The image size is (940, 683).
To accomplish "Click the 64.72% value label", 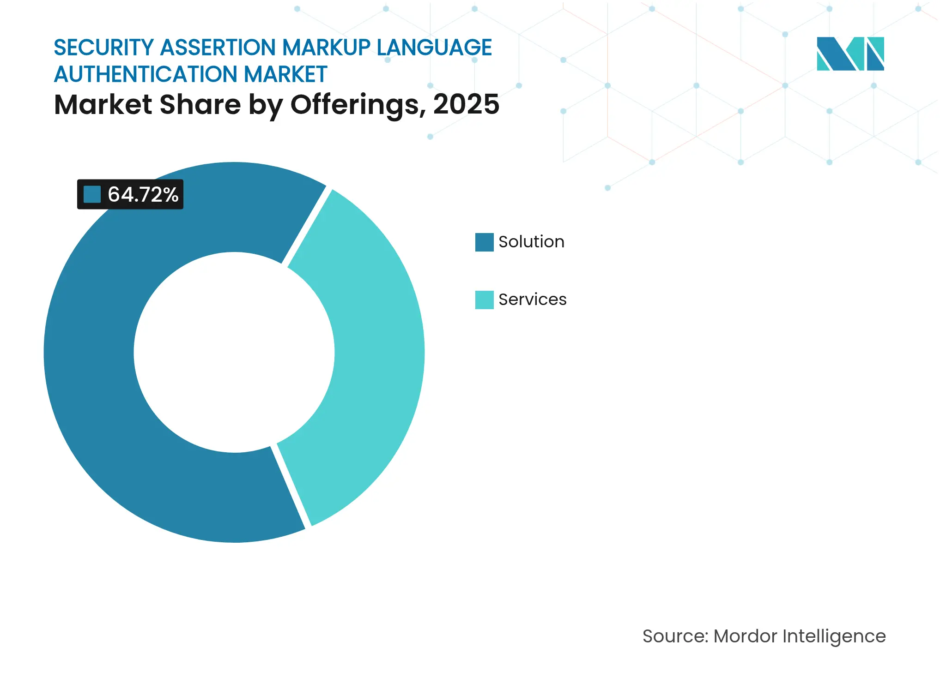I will [142, 194].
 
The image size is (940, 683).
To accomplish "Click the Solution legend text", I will [531, 242].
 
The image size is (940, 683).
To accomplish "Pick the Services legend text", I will [532, 300].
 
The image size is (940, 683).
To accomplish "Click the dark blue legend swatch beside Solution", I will [484, 242].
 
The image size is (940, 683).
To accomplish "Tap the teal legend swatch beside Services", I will [484, 300].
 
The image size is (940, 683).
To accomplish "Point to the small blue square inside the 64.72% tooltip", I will [92, 194].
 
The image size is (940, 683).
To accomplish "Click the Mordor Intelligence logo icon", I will [850, 54].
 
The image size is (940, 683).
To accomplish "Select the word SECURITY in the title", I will [103, 48].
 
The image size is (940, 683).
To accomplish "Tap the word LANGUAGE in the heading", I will [434, 48].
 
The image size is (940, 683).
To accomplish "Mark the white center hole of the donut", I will [234, 352].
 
